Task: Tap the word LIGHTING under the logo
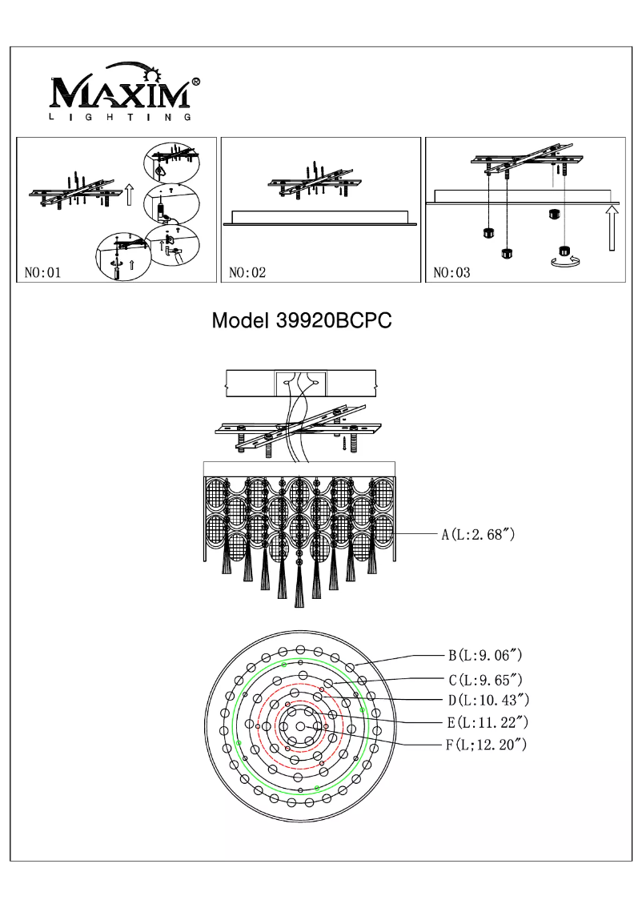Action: point(120,118)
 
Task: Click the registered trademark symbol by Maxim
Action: point(196,82)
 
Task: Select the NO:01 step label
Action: point(43,273)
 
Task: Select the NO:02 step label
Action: point(247,273)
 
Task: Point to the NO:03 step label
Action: point(451,273)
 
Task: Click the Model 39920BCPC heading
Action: point(301,321)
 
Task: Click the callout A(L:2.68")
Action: point(477,534)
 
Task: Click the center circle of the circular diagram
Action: point(300,725)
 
